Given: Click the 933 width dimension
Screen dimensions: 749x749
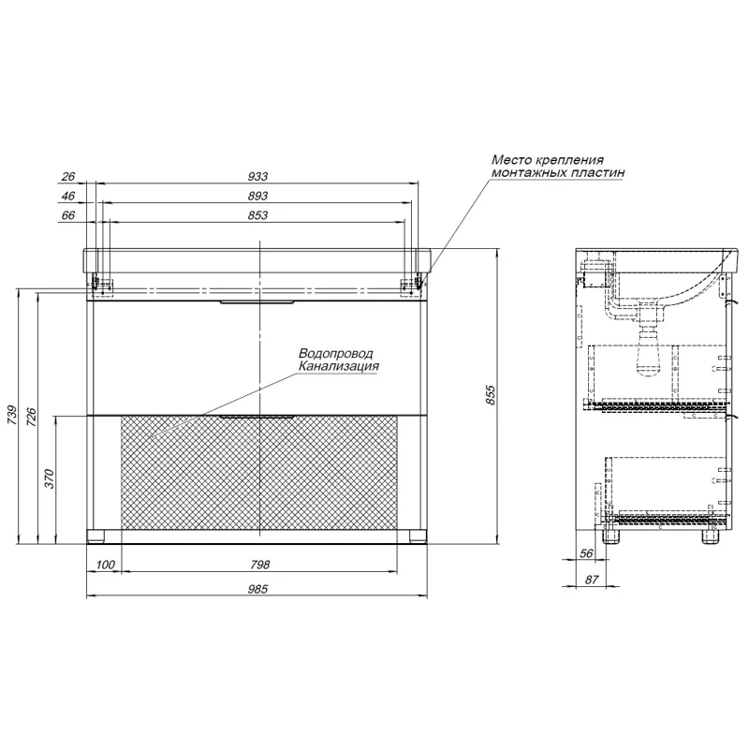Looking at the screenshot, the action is pyautogui.click(x=258, y=176).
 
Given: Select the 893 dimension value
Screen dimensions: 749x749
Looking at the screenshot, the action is pyautogui.click(x=258, y=196).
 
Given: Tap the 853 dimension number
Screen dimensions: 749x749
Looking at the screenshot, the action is pyautogui.click(x=258, y=215).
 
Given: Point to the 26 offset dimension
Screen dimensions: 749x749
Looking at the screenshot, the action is pyautogui.click(x=68, y=176).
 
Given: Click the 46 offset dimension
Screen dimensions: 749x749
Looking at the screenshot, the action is pyautogui.click(x=68, y=196).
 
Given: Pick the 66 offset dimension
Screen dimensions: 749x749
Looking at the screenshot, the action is pyautogui.click(x=68, y=215).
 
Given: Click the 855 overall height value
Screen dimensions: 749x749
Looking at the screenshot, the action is pyautogui.click(x=491, y=395).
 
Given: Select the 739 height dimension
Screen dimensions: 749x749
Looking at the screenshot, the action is pyautogui.click(x=12, y=416).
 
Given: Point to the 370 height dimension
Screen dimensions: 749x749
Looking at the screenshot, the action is pyautogui.click(x=50, y=479).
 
